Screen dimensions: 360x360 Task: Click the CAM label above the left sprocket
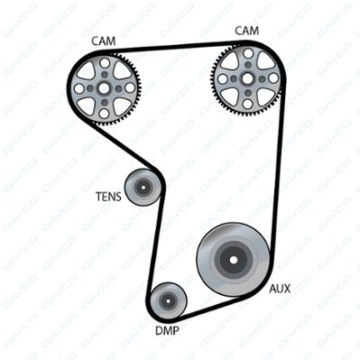click(x=104, y=42)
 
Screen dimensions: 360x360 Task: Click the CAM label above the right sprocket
click(x=246, y=31)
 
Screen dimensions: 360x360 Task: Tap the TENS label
click(x=108, y=197)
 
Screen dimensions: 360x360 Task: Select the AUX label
click(x=280, y=289)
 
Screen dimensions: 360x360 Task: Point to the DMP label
click(x=167, y=331)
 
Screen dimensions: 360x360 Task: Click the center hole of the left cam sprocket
click(x=104, y=88)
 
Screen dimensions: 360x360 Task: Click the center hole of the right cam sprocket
click(x=247, y=78)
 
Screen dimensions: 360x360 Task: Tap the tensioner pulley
click(x=143, y=188)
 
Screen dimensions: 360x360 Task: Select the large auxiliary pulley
click(x=233, y=260)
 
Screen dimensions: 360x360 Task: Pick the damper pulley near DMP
click(x=168, y=300)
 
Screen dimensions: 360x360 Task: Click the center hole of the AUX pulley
click(x=233, y=260)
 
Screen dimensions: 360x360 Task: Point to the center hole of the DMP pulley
click(x=168, y=300)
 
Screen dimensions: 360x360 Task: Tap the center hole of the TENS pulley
click(x=143, y=188)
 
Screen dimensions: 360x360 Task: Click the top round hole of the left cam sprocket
click(x=105, y=63)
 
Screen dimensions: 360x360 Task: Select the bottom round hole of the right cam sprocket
click(x=247, y=104)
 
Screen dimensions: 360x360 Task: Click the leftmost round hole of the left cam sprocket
click(x=78, y=88)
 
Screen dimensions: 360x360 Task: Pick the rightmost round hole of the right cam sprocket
click(x=273, y=78)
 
